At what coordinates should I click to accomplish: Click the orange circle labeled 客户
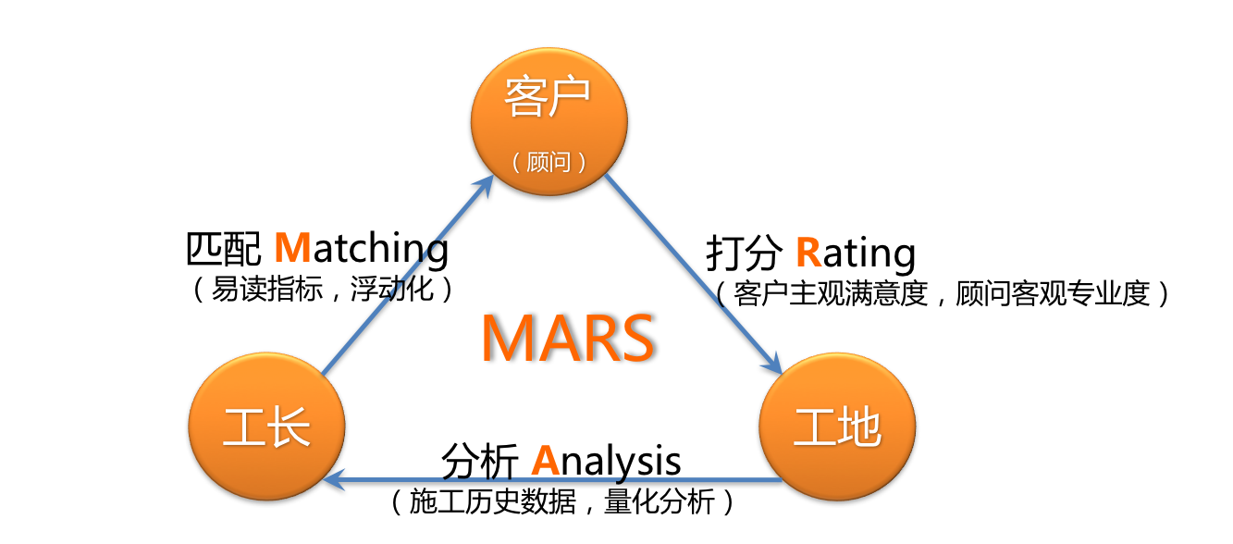click(549, 121)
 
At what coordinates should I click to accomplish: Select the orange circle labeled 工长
click(267, 427)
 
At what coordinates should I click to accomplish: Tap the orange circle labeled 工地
click(837, 427)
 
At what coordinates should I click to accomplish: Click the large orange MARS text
click(568, 338)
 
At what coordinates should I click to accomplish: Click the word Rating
click(856, 253)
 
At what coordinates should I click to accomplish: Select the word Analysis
click(606, 461)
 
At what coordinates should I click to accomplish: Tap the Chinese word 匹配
click(224, 249)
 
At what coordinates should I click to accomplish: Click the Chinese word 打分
click(744, 253)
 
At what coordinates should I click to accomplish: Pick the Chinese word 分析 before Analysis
click(479, 462)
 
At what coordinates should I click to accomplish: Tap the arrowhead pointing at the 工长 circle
click(334, 480)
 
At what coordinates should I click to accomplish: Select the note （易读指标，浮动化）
click(323, 289)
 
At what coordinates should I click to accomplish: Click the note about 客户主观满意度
click(942, 293)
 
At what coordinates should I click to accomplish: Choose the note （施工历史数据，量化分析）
click(562, 501)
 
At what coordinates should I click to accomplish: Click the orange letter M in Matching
click(293, 248)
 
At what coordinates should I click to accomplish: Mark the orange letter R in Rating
click(808, 253)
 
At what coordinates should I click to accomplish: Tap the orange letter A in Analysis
click(546, 461)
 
